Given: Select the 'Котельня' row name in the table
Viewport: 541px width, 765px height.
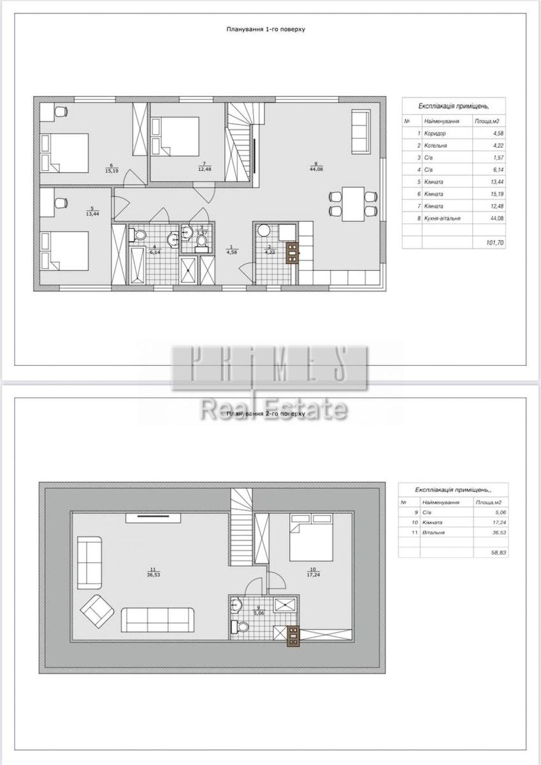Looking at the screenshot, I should point(436,145).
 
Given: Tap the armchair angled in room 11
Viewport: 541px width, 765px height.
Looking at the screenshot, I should point(97,610).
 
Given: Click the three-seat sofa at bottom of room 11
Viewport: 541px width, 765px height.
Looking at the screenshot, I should point(158,619).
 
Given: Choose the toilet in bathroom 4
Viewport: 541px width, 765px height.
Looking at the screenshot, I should point(136,236).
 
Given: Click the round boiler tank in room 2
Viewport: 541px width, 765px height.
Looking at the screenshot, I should point(264,231).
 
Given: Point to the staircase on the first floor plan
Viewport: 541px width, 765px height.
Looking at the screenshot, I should point(242,143).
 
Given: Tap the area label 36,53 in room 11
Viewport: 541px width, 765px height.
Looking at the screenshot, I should point(152,573).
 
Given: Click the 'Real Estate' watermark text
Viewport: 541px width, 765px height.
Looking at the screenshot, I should point(274,409).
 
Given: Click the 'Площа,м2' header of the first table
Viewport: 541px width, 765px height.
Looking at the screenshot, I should point(486,120).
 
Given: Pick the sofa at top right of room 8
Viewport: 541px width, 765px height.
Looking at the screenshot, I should point(361,131).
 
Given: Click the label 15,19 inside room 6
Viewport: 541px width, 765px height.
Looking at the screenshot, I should point(112,170).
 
